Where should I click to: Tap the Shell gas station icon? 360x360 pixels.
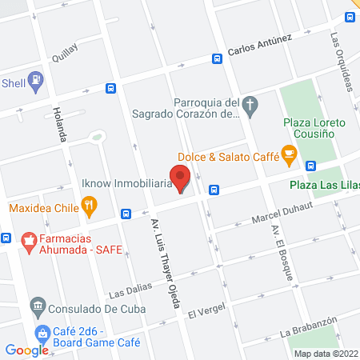[35, 80]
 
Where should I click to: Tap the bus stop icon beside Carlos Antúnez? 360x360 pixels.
[217, 58]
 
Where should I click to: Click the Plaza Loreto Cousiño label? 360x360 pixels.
[314, 129]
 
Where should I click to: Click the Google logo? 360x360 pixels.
[26, 350]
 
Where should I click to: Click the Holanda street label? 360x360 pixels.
[58, 124]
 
